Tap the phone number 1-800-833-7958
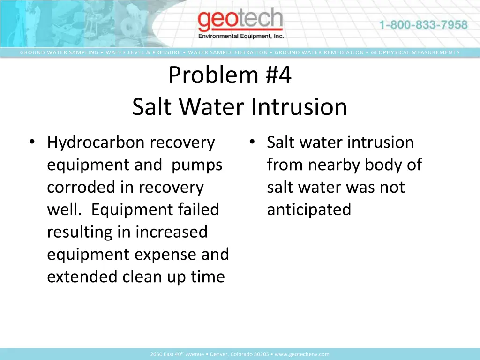point(423,25)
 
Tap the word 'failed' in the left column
point(198,210)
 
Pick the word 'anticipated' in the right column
point(309,210)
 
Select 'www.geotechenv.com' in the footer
point(302,354)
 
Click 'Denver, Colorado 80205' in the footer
point(239,354)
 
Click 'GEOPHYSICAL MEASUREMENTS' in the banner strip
point(415,52)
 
